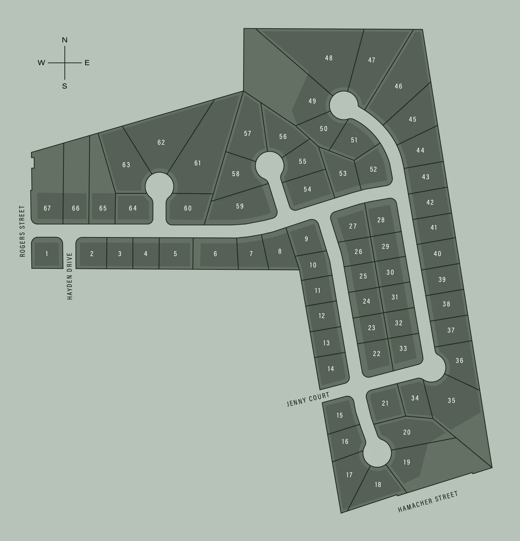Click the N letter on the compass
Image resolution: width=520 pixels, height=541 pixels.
(64, 40)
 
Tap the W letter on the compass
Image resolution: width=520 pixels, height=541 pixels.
(41, 63)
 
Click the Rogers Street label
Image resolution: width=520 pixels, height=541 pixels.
(23, 231)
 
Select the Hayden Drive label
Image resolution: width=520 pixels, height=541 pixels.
(70, 276)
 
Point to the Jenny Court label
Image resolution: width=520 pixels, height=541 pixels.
(308, 399)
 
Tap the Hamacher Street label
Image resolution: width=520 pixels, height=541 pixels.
(428, 501)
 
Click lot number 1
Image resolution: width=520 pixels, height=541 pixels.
(47, 254)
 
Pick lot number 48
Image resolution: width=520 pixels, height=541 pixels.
(329, 58)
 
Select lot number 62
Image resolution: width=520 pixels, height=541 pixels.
(161, 142)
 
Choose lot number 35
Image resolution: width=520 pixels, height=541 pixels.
(451, 400)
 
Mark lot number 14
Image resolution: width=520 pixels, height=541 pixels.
(331, 369)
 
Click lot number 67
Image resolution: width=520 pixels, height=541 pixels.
(47, 208)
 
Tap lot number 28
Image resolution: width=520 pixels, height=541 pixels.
(381, 220)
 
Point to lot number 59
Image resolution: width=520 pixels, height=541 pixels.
(240, 206)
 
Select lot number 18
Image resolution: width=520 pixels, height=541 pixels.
(378, 484)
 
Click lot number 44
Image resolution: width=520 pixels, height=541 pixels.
(420, 150)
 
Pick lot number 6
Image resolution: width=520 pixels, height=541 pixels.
(215, 254)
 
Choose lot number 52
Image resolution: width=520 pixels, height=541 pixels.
(373, 169)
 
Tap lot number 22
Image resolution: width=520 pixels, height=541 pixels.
(377, 354)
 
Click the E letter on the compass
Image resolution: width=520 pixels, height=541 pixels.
(87, 63)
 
